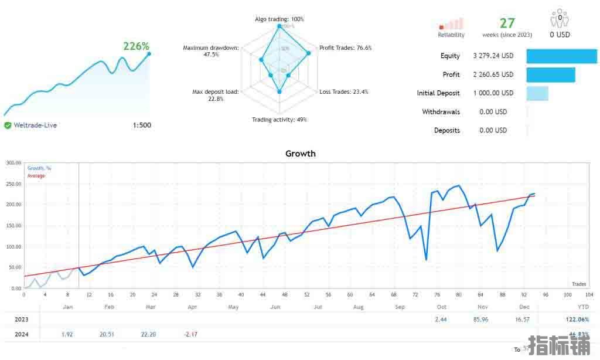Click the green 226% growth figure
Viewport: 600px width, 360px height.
(136, 46)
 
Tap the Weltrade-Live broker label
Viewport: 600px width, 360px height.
(35, 125)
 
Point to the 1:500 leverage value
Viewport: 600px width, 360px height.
(141, 125)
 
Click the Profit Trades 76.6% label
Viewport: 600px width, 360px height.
(345, 48)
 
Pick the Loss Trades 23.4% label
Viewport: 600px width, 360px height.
(344, 92)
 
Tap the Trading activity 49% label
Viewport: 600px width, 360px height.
(279, 120)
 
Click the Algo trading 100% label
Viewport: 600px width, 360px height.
(279, 19)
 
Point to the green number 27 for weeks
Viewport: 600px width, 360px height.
(507, 23)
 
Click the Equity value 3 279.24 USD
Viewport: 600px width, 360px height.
(493, 56)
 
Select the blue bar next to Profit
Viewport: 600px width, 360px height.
(550, 75)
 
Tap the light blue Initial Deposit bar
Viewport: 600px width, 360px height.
(537, 93)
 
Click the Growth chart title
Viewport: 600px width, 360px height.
(300, 154)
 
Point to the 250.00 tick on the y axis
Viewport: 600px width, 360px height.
(13, 184)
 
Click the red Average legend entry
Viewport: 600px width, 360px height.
(36, 176)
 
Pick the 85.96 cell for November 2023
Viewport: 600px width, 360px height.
(482, 320)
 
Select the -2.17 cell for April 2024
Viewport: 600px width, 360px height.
(190, 334)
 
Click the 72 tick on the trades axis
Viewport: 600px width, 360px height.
(415, 295)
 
